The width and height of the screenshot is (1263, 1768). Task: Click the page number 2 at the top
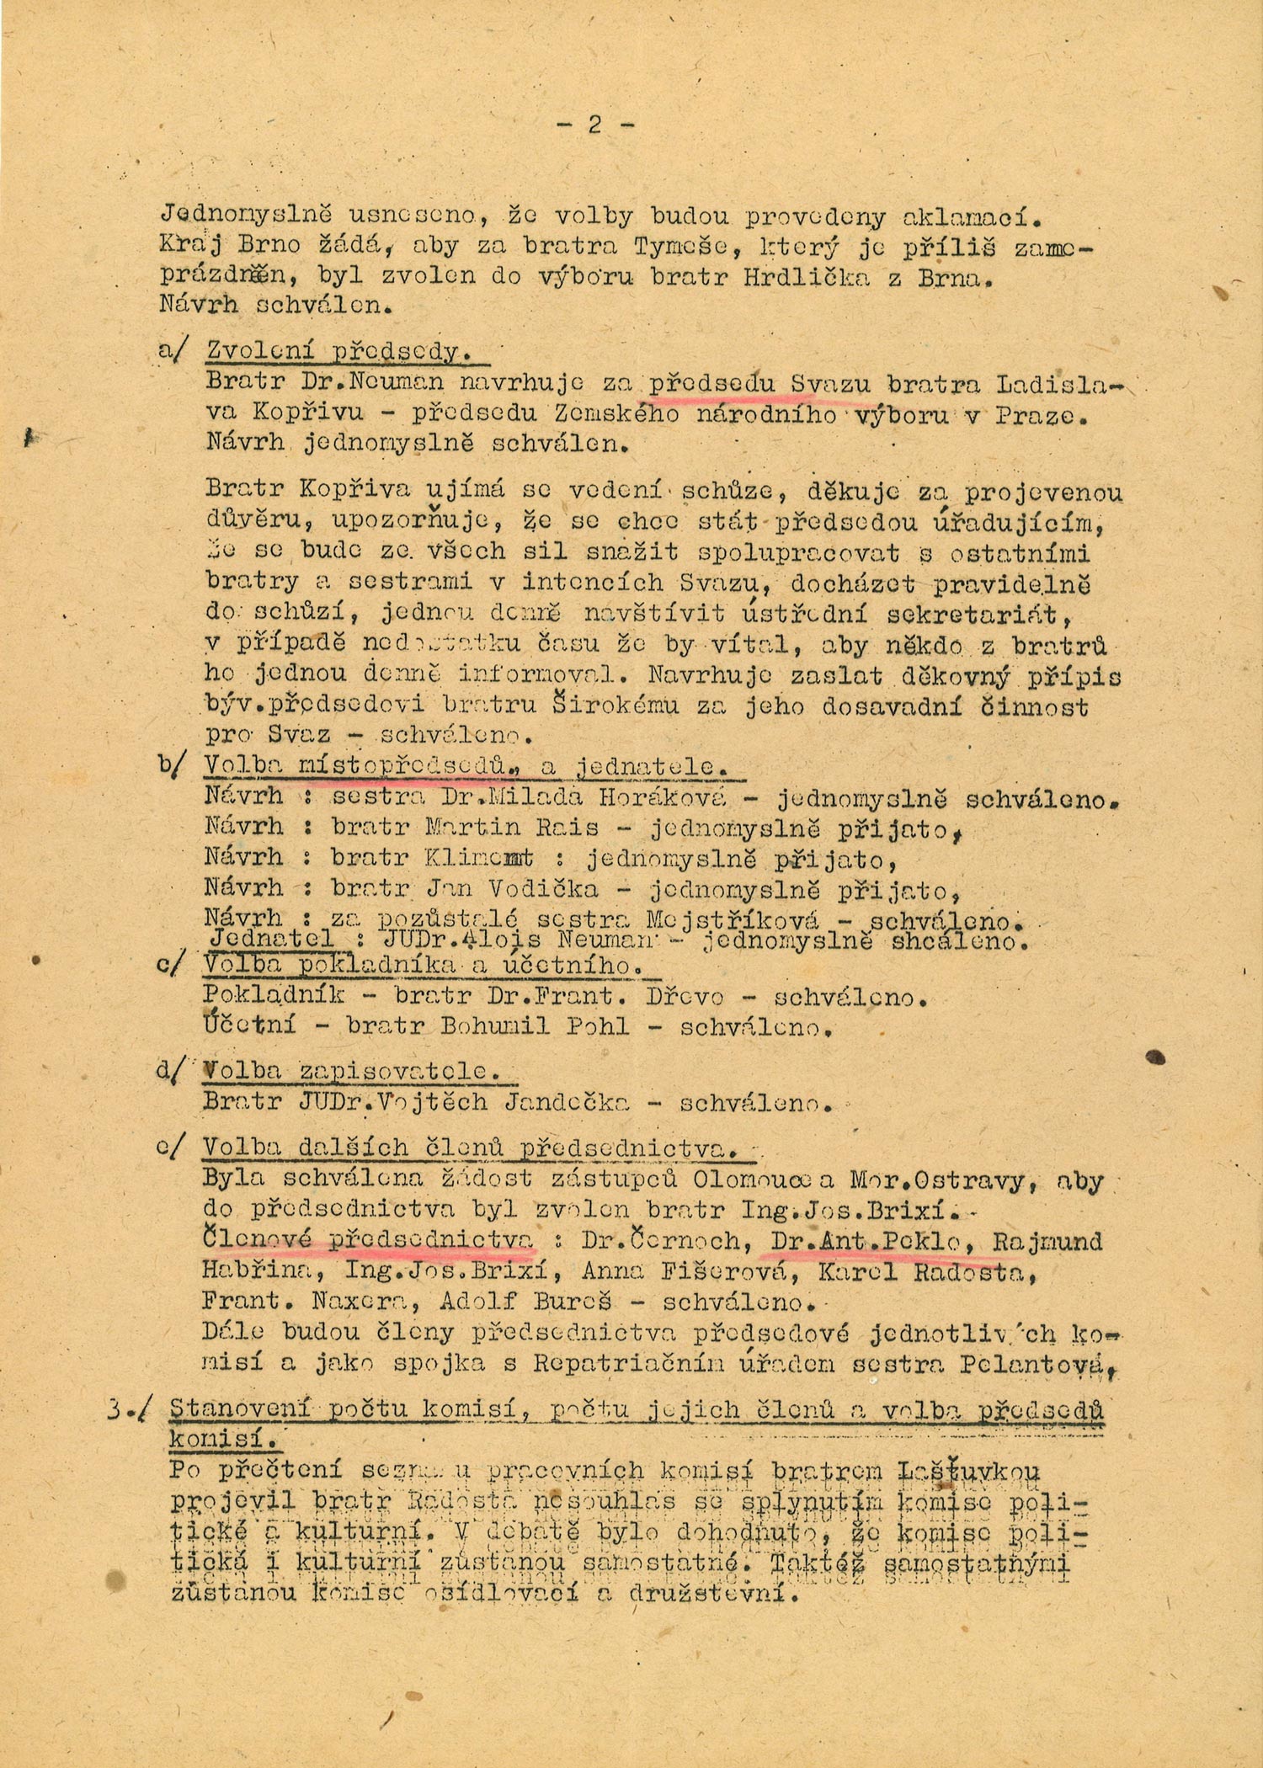(x=594, y=125)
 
